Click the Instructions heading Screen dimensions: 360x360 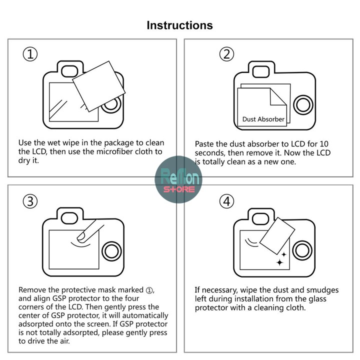pyautogui.click(x=180, y=25)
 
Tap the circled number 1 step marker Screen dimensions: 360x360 pyautogui.click(x=30, y=54)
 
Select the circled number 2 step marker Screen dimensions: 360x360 pyautogui.click(x=226, y=54)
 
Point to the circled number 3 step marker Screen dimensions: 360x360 pyautogui.click(x=30, y=201)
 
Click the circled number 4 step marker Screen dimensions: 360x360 pyautogui.click(x=226, y=201)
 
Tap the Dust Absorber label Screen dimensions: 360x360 pyautogui.click(x=263, y=119)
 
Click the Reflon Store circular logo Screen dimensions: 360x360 pyautogui.click(x=178, y=179)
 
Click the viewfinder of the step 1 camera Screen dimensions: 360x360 pyautogui.click(x=69, y=71)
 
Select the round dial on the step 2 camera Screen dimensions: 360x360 pyautogui.click(x=303, y=104)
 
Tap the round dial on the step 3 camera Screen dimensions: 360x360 pyautogui.click(x=111, y=251)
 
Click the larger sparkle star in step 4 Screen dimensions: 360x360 pyautogui.click(x=279, y=262)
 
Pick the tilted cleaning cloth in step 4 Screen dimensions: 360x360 pyautogui.click(x=277, y=236)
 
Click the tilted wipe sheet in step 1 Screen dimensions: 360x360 pyautogui.click(x=99, y=86)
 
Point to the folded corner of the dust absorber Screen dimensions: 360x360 pyautogui.click(x=278, y=97)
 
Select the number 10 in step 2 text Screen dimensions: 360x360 pyautogui.click(x=324, y=144)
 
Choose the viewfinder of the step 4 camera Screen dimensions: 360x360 pyautogui.click(x=260, y=218)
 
